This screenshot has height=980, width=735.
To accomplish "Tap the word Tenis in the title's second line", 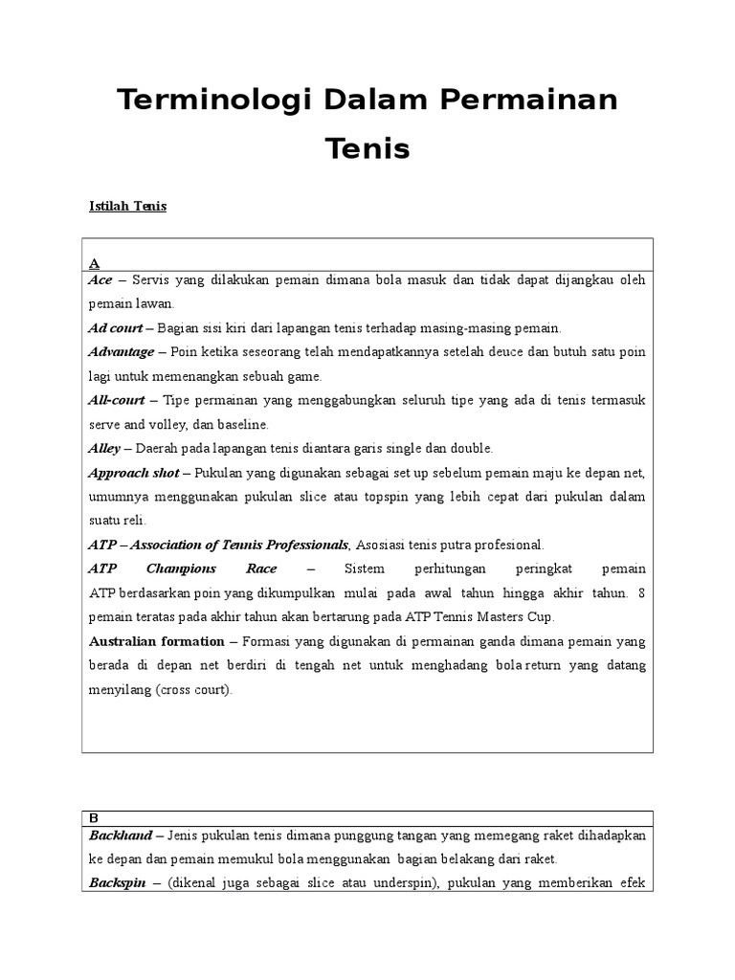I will click(x=367, y=148).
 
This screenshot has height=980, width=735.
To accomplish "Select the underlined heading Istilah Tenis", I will click(x=127, y=206).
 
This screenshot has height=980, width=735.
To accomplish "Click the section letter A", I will click(x=94, y=262).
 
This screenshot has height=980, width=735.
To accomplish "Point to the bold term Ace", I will click(x=100, y=280).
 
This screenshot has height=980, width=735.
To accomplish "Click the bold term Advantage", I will click(x=122, y=351).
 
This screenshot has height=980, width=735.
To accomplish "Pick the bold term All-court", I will click(x=118, y=399).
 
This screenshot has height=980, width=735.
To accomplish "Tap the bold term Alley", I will click(x=104, y=448).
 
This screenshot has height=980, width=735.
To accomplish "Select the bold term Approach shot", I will click(x=134, y=473).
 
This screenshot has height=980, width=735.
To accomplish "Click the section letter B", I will click(x=94, y=818).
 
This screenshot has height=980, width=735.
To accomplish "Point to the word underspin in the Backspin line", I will click(x=406, y=883).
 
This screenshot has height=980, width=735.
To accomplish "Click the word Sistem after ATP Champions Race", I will click(x=353, y=568).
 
